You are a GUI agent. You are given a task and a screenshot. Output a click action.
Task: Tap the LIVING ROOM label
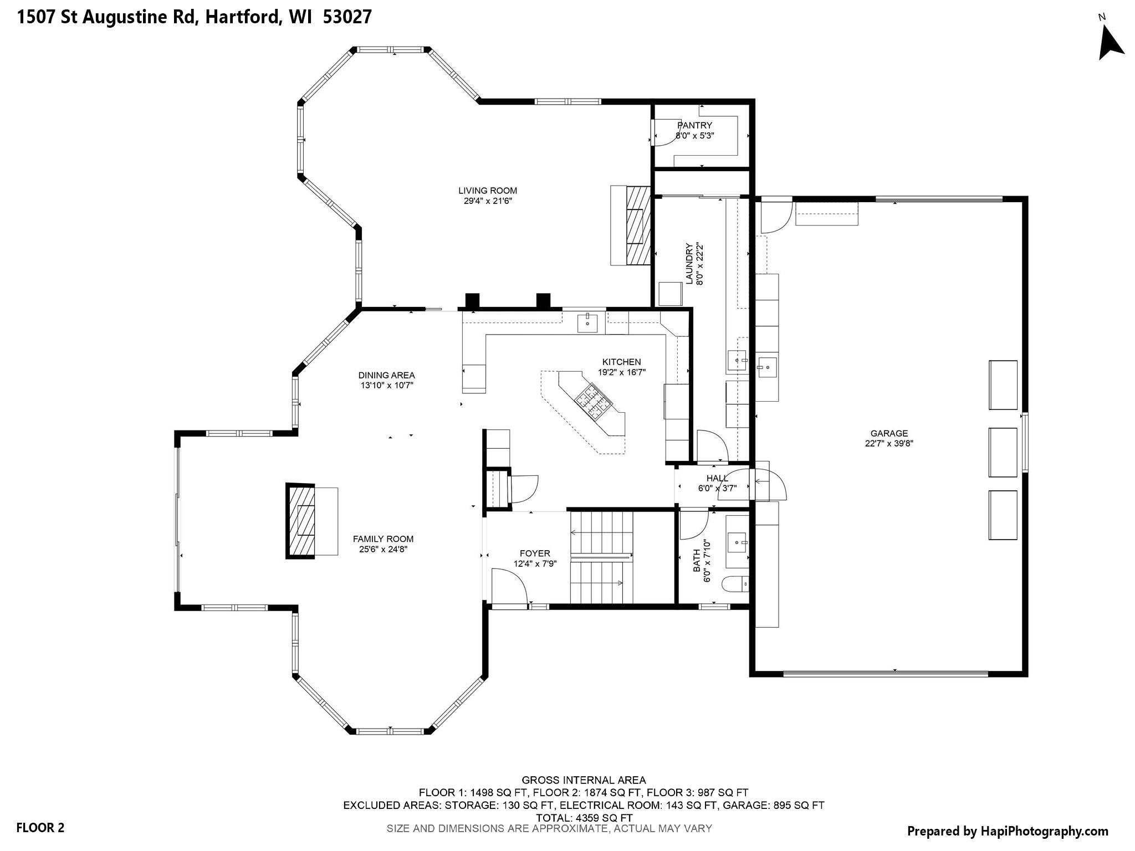coord(488,191)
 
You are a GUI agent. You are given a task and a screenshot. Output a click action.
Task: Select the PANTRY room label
coord(694,125)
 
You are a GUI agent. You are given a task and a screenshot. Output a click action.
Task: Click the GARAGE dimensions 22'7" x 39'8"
coord(889,443)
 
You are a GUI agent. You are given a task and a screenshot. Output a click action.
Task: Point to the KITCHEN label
coord(622,362)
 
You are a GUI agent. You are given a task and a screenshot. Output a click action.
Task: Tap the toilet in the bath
coord(735,584)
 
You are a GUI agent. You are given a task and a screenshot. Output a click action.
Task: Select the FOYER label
coord(535,553)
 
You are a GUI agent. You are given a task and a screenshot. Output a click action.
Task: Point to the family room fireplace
coord(301,521)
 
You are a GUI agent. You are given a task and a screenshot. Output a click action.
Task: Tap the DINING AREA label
coord(386,375)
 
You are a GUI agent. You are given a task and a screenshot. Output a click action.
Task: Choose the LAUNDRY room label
coord(689,264)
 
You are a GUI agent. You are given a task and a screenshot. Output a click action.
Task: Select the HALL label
coord(717,478)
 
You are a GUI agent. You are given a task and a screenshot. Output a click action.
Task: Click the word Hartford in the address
coord(243,17)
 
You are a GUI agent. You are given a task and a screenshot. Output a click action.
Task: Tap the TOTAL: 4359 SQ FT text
coord(584,817)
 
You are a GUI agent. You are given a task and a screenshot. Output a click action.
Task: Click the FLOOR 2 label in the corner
coord(40,828)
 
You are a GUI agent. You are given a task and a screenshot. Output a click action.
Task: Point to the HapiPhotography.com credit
coord(1008,831)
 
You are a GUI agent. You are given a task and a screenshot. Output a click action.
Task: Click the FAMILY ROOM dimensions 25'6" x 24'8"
coord(384,549)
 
